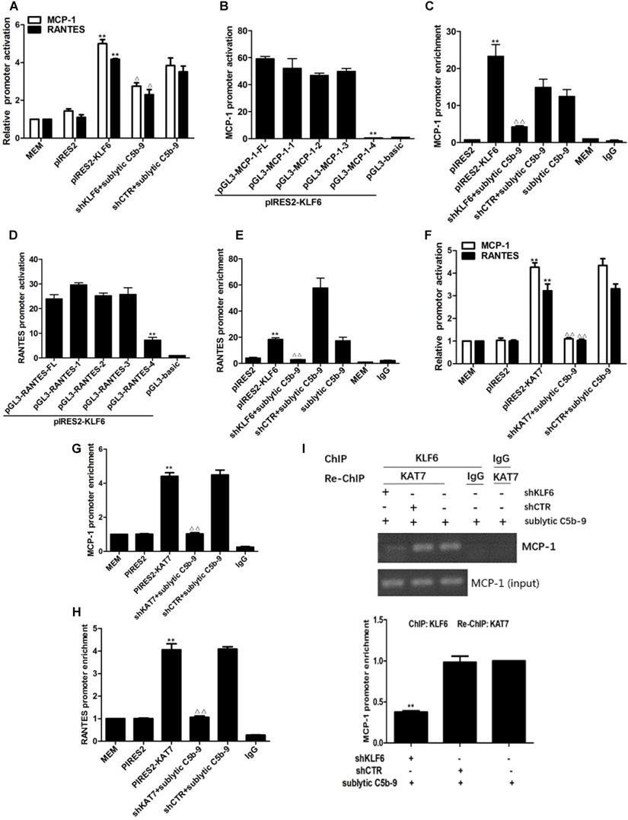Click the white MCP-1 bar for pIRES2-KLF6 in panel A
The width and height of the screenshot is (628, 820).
tap(101, 91)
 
